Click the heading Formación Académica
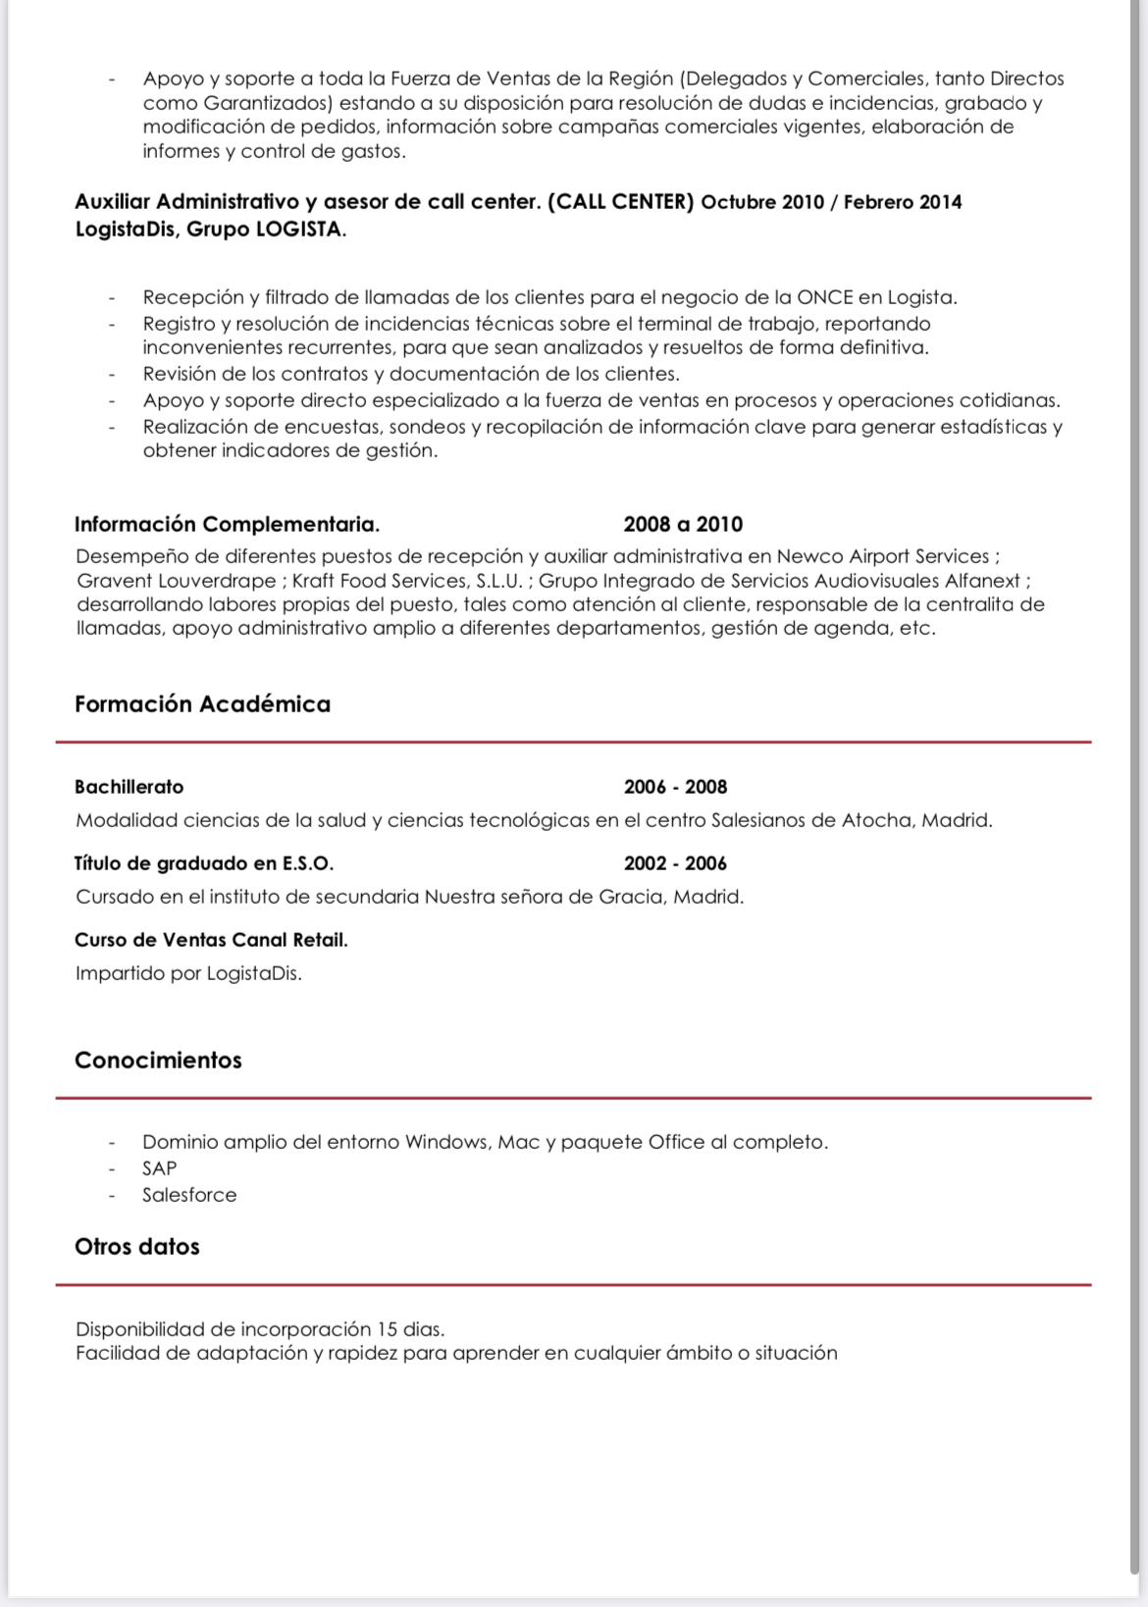click(x=202, y=704)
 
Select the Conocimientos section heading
click(x=158, y=1061)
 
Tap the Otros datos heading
click(x=137, y=1247)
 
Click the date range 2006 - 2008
click(x=675, y=787)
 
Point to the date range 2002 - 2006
click(x=675, y=863)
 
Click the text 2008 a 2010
click(x=683, y=525)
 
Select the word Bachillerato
click(x=129, y=787)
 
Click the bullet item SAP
click(x=159, y=1168)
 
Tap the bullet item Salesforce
click(x=189, y=1195)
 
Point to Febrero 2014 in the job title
click(x=903, y=203)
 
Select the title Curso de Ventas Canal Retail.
click(x=211, y=940)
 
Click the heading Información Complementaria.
click(x=227, y=525)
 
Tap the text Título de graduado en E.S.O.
click(x=204, y=863)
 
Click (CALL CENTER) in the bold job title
click(x=621, y=202)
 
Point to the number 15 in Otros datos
click(x=387, y=1329)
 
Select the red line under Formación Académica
click(x=573, y=743)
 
